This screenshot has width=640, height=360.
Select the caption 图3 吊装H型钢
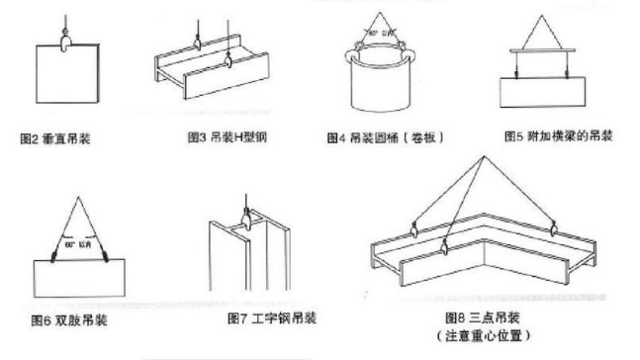click(x=226, y=136)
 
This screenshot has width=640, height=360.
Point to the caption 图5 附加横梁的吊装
click(x=559, y=136)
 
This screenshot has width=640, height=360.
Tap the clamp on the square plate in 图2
click(x=64, y=43)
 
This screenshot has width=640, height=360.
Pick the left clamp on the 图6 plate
click(x=48, y=259)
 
